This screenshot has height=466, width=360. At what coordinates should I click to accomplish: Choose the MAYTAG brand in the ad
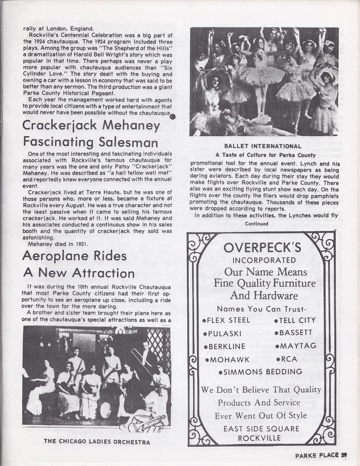pos(301,346)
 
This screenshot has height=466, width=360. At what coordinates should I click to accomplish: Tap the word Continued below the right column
pos(259,224)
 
